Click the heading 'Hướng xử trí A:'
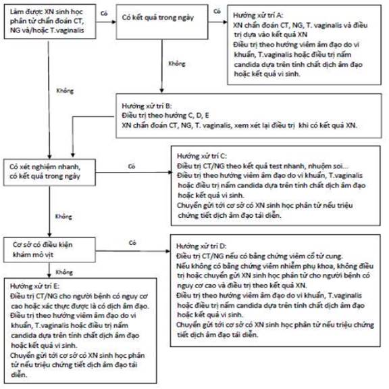point(258,16)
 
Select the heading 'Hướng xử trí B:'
point(147,106)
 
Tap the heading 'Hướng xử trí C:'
point(202,156)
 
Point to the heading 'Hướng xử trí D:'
point(201,246)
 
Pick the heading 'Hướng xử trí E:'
point(34,286)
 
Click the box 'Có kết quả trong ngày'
point(162,22)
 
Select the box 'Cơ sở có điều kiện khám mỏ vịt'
point(49,250)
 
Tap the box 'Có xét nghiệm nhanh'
point(49,173)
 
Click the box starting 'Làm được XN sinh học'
point(50,22)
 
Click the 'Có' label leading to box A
point(217,12)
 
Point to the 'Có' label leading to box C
point(132,166)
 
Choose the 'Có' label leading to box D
point(132,243)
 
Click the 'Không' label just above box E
point(64,273)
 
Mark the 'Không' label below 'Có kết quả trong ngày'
point(177,64)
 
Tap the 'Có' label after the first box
point(104,13)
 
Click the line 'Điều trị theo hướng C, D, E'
point(165,116)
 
